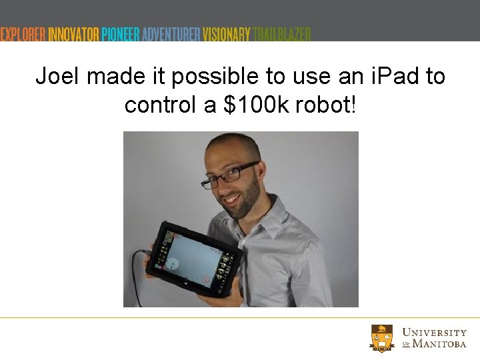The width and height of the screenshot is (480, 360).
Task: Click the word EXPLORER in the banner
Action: pyautogui.click(x=23, y=34)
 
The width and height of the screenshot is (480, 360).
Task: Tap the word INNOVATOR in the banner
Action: pyautogui.click(x=74, y=34)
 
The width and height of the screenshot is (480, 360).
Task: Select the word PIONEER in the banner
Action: pyautogui.click(x=121, y=34)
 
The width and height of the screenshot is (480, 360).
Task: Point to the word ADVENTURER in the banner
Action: pyautogui.click(x=171, y=34)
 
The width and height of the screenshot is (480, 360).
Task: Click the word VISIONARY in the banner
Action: pyautogui.click(x=227, y=34)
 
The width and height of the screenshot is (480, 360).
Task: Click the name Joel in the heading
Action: pyautogui.click(x=58, y=77)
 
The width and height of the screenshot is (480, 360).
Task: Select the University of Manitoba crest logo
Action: pyautogui.click(x=383, y=337)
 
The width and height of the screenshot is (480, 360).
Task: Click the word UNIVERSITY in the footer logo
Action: pyautogui.click(x=434, y=333)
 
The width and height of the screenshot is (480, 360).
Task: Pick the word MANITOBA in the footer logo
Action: pyautogui.click(x=439, y=344)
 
